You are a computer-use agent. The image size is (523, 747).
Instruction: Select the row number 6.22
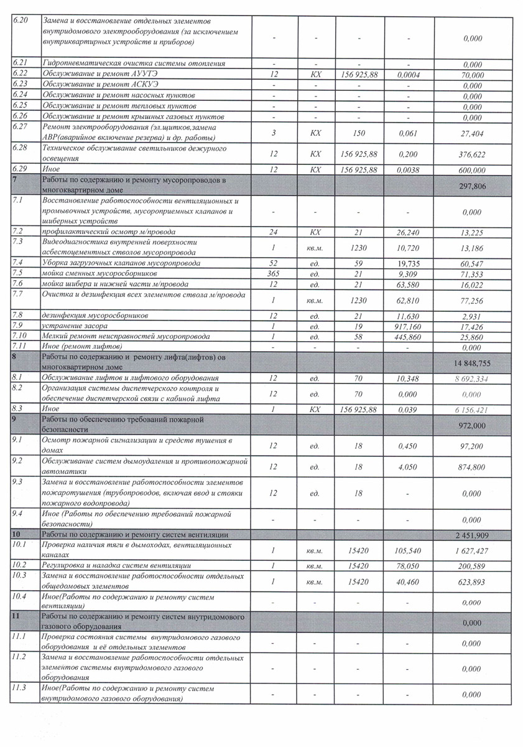(21, 73)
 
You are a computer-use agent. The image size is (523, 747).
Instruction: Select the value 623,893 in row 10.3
(473, 581)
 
